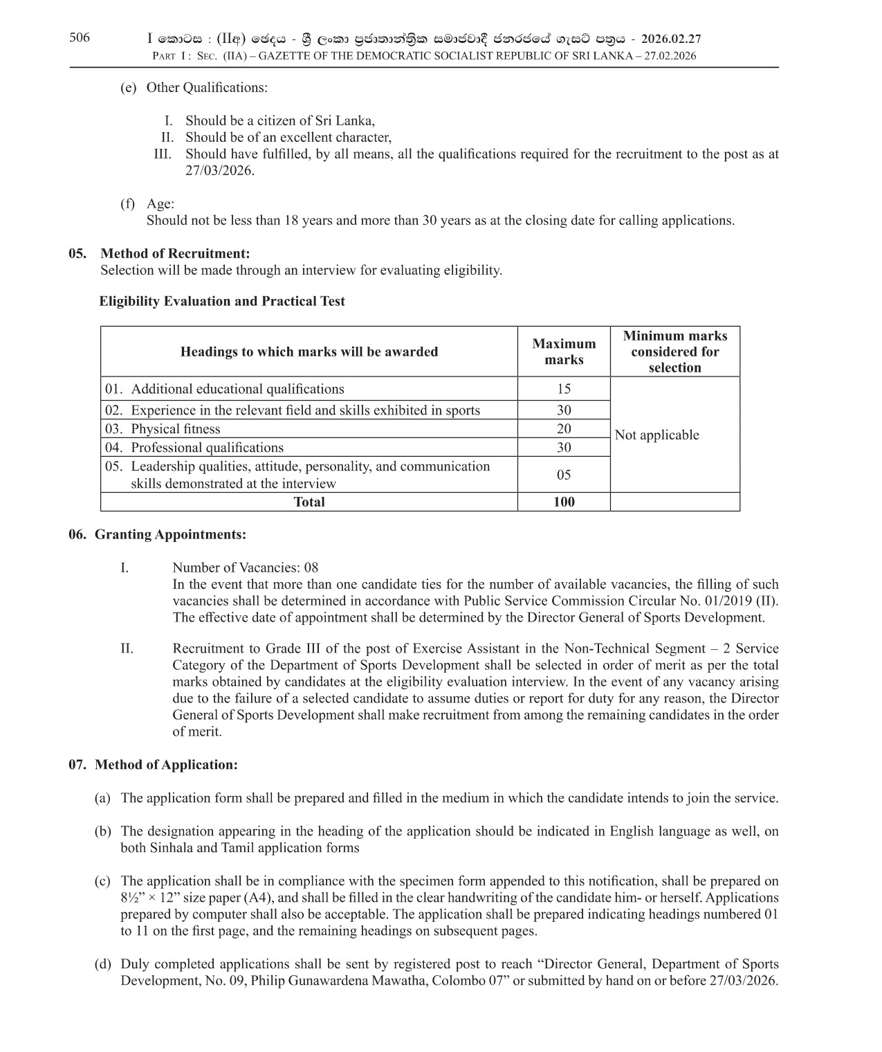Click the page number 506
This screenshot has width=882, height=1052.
pos(80,38)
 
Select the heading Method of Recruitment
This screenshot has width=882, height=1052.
pos(174,253)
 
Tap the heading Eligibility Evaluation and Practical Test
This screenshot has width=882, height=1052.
pos(222,301)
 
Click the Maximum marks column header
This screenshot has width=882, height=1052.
pos(563,352)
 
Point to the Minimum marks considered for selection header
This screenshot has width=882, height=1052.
pos(674,352)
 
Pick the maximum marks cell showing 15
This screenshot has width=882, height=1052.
pos(563,389)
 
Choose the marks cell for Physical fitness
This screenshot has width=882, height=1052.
pos(563,429)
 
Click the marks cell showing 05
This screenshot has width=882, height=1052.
pos(563,475)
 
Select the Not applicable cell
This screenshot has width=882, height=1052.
pos(656,435)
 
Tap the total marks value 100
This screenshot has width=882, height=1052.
pos(563,502)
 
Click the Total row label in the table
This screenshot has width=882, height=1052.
pos(309,502)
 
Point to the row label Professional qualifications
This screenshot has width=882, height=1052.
pos(207,448)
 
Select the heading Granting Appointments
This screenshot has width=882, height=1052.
pos(169,534)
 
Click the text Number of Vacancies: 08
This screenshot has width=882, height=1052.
pos(245,568)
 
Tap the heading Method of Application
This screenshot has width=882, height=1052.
pos(166,765)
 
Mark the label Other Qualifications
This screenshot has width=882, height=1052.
pos(206,88)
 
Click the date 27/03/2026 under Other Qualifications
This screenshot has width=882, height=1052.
pos(219,171)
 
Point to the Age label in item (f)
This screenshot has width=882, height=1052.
pos(160,204)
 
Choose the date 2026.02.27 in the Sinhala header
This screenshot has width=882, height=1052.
pos(671,39)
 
